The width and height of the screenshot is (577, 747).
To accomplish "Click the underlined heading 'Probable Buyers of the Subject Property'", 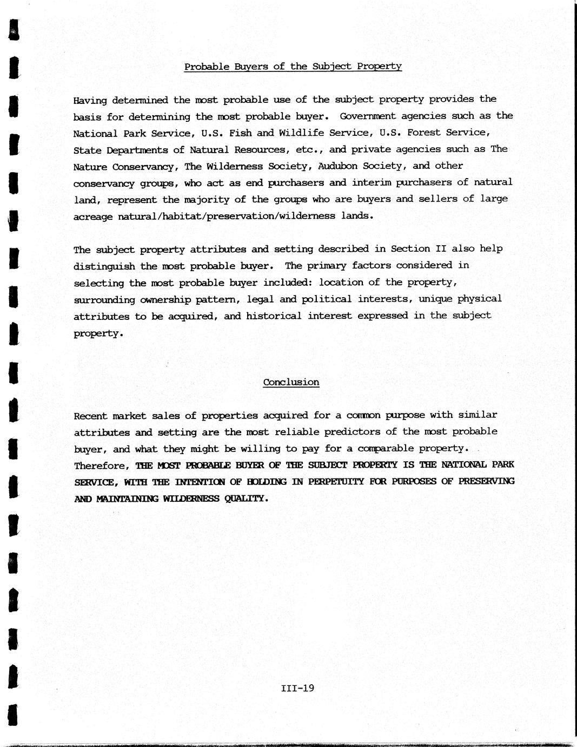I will coord(293,67).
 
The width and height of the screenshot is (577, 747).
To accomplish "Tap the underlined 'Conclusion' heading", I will coord(291,382).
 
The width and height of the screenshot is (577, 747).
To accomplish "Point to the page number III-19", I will coord(297,689).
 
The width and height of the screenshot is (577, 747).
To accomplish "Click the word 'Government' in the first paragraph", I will coord(368,116).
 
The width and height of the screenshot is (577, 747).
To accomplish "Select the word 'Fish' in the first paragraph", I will coord(240,133).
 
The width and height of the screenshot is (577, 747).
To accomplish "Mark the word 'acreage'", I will coord(93,216).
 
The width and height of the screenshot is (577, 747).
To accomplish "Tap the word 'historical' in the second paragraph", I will coord(274,316).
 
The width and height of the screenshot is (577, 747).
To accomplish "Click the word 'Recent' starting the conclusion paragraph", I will coord(90,416).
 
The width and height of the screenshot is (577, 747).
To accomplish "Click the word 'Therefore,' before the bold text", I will coord(102,466).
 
